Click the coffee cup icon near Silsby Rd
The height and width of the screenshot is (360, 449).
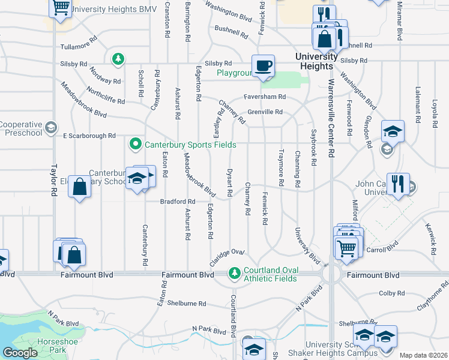click(262, 65)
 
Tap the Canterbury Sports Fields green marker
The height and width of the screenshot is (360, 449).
click(136, 144)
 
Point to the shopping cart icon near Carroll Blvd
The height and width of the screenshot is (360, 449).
click(346, 247)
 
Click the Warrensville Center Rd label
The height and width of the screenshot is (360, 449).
click(331, 129)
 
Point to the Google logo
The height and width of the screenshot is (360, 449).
click(20, 353)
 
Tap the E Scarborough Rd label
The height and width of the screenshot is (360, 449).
click(89, 136)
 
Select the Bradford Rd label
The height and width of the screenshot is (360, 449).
click(178, 202)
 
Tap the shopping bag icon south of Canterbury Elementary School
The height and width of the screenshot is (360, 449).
click(80, 187)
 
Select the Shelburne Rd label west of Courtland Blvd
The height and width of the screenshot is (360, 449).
click(187, 303)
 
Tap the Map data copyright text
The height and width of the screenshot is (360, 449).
click(424, 355)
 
